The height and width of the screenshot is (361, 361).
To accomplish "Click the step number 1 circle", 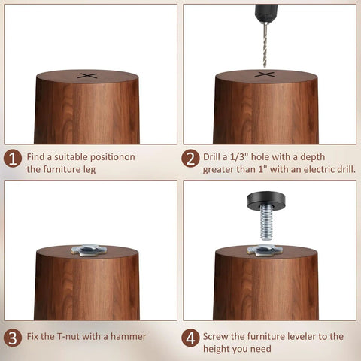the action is click(x=13, y=159).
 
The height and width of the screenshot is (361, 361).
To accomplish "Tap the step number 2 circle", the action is click(x=190, y=159).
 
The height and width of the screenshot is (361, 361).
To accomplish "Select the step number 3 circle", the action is click(x=13, y=338).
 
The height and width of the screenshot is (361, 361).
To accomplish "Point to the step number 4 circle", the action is click(x=190, y=338).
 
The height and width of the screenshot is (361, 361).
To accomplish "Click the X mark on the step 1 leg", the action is click(x=87, y=76).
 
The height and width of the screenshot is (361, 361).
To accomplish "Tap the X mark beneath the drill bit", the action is click(x=265, y=74).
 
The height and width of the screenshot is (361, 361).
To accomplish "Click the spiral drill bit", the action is click(x=265, y=44).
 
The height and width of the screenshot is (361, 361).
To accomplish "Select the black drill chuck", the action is click(x=266, y=13).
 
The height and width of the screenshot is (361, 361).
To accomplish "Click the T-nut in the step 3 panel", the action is click(x=89, y=250).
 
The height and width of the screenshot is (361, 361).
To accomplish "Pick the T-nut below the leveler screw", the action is click(x=265, y=250).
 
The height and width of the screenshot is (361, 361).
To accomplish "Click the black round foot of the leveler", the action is click(x=266, y=201).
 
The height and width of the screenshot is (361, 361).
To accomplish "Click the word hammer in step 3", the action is click(x=128, y=336).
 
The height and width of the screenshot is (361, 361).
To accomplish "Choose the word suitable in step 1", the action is click(x=71, y=157).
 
